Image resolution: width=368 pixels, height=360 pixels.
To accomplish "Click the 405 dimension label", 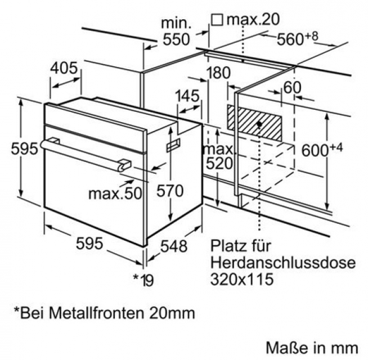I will pyautogui.click(x=64, y=69).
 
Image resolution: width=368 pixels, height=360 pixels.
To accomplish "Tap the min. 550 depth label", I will pyautogui.click(x=176, y=31).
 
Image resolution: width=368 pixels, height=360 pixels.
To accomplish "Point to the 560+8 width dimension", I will pyautogui.click(x=298, y=39).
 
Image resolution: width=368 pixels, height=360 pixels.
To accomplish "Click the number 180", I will pyautogui.click(x=218, y=73).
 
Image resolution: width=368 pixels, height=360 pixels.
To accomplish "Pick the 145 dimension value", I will pyautogui.click(x=187, y=96).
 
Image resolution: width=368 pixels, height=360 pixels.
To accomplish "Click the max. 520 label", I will pyautogui.click(x=218, y=157).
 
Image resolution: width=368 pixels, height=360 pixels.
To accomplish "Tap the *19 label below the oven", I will pyautogui.click(x=143, y=278).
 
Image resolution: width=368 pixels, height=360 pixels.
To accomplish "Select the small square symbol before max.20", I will pyautogui.click(x=217, y=20).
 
